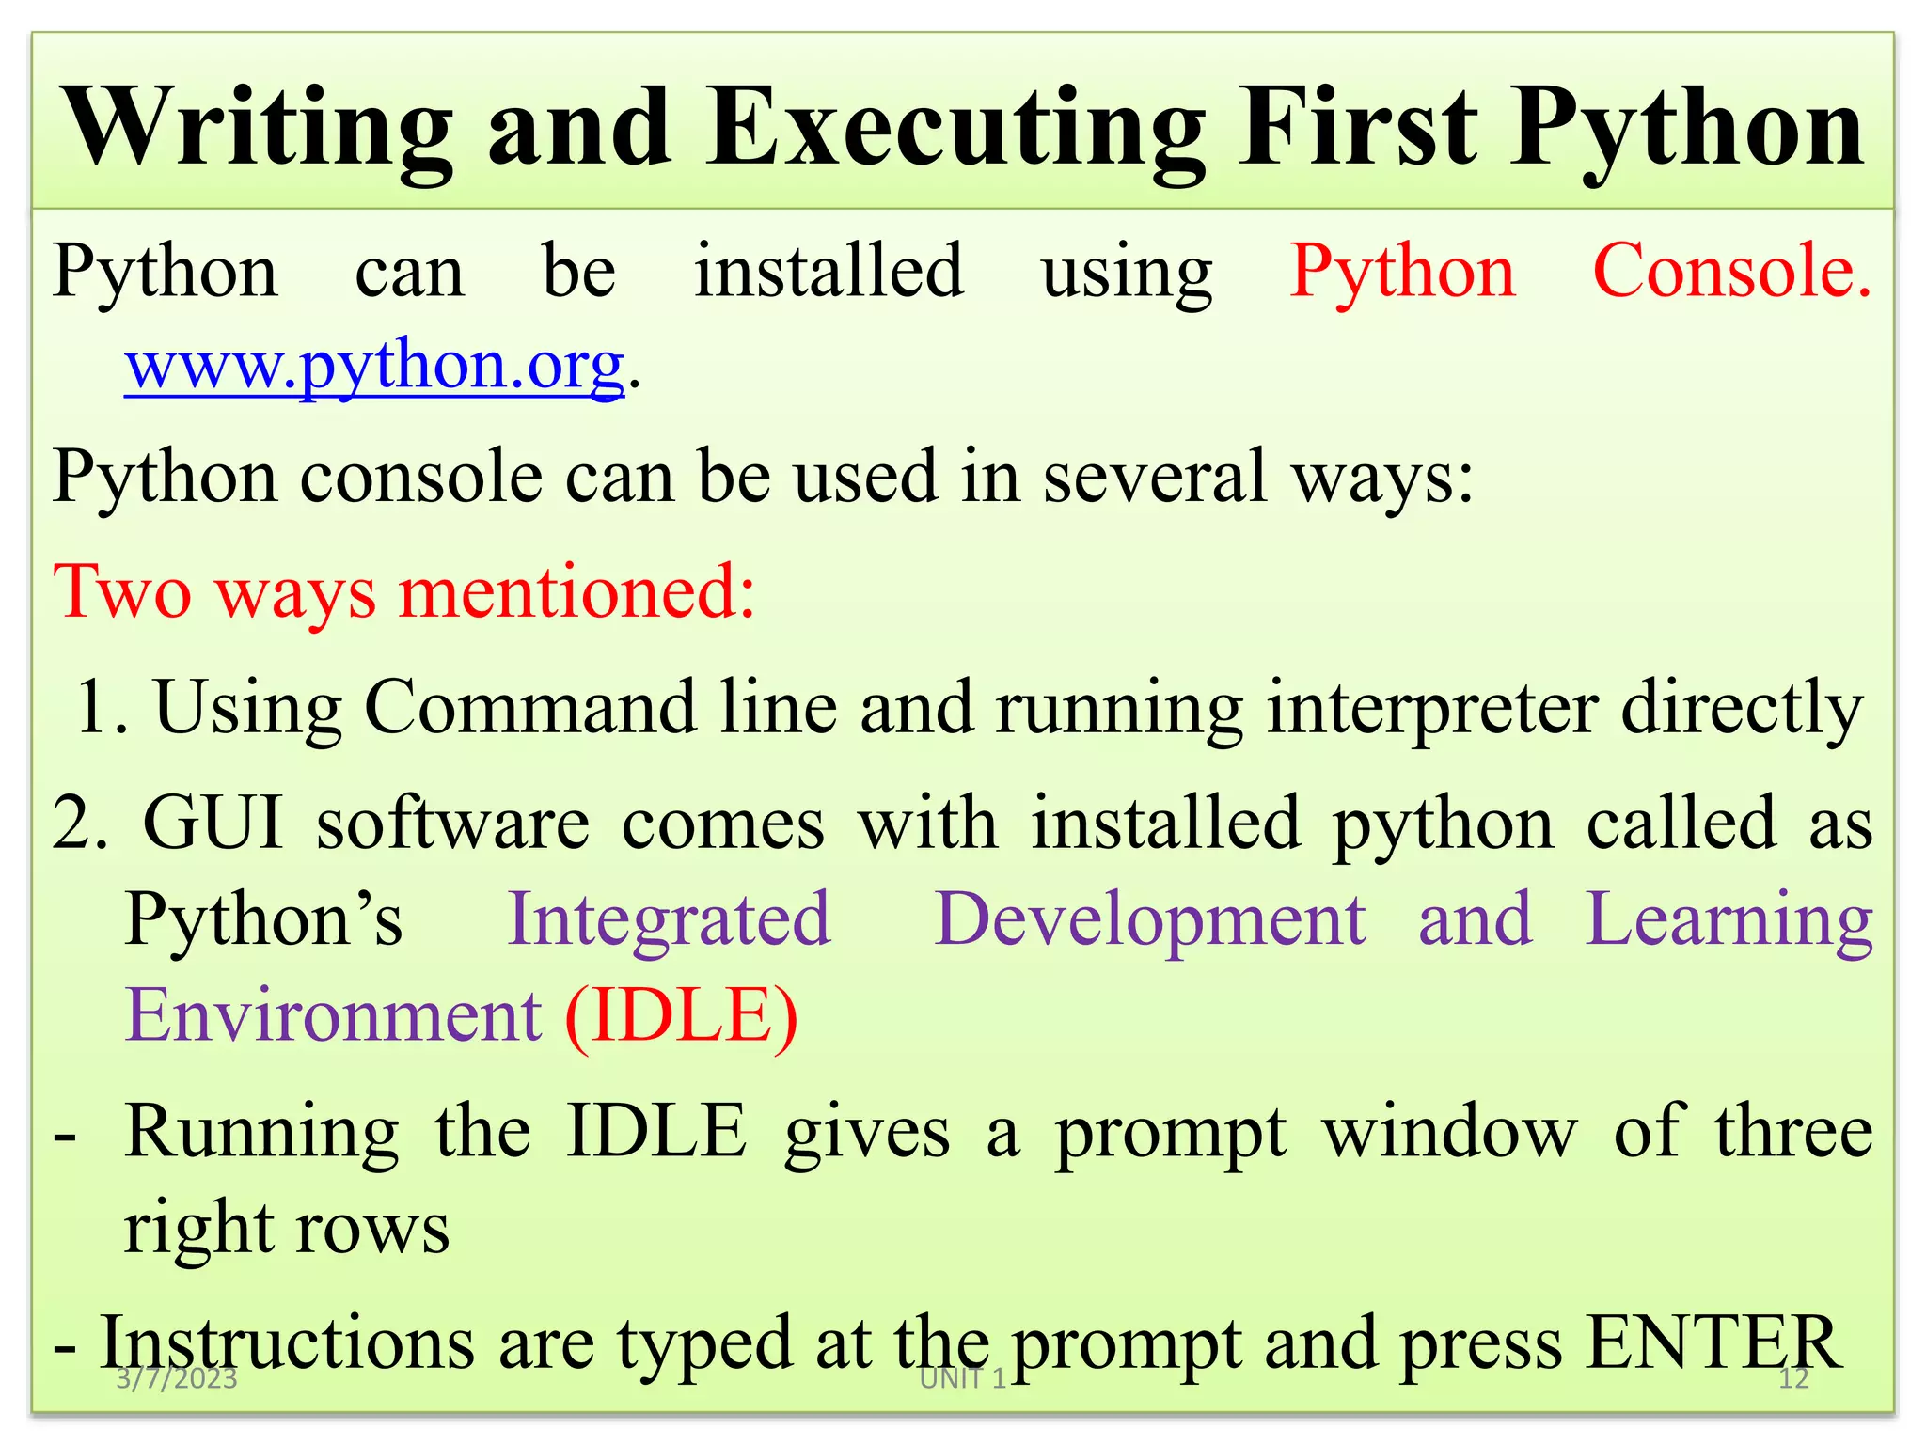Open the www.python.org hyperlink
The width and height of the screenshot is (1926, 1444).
(x=374, y=365)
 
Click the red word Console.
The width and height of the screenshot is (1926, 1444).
(x=1731, y=271)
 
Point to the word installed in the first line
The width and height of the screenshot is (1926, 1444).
(x=829, y=271)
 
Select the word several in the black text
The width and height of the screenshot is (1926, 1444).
(x=1155, y=476)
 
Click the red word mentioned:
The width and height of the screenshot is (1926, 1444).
(x=576, y=592)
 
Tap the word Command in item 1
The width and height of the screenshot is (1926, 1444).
(x=529, y=707)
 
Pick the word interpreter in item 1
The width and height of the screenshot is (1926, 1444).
(x=1432, y=707)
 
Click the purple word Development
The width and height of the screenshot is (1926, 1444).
(x=1149, y=919)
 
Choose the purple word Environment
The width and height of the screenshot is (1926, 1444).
(x=334, y=1015)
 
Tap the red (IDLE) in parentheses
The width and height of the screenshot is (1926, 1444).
(x=681, y=1015)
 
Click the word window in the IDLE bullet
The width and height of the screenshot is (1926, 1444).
(x=1450, y=1131)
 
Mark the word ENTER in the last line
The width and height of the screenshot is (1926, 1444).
(x=1712, y=1342)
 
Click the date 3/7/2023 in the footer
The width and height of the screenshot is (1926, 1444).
(x=176, y=1379)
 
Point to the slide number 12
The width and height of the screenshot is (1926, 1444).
(x=1793, y=1379)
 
